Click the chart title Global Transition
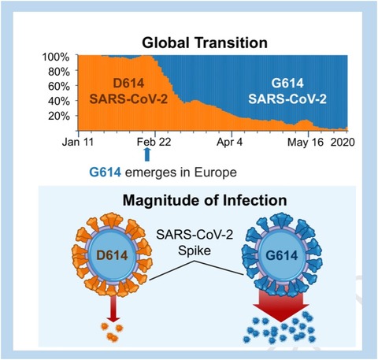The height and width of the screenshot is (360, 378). point(205,43)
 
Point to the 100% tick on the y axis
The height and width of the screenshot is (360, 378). point(56,57)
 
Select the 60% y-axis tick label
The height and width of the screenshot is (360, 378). point(59,86)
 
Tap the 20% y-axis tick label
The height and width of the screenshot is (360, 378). point(59,116)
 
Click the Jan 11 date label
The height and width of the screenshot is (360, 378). point(78,142)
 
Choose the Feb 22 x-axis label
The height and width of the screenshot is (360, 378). point(154,142)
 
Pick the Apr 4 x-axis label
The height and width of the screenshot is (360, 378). point(230,142)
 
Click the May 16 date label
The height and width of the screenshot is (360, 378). point(306,142)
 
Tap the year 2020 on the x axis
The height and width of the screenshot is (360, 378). point(343,142)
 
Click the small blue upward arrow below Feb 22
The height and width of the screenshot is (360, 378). point(147,154)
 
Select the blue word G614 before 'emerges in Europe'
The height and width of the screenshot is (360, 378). point(106,173)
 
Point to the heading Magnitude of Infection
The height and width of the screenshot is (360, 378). point(205,201)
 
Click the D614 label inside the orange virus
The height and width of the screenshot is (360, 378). point(112,255)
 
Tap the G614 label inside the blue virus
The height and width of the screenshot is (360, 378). point(282,255)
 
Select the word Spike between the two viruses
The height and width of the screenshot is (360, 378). point(195,251)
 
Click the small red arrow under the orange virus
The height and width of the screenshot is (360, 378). point(113,309)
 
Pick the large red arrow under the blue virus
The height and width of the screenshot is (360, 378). point(281,305)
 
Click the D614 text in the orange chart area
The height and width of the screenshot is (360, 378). point(128,84)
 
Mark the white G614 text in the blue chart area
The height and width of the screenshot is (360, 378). point(287,83)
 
